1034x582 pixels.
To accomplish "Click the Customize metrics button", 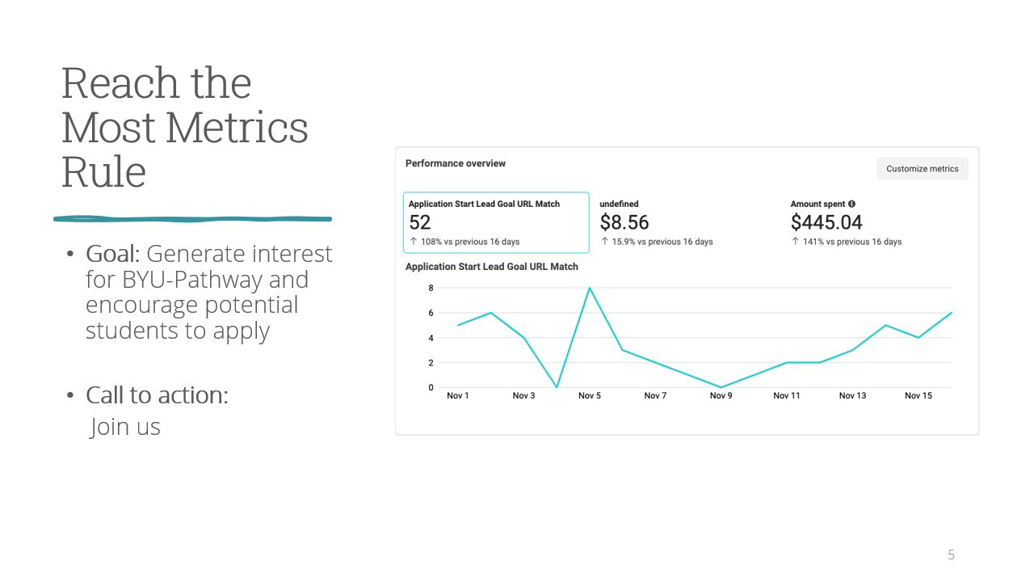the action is click(x=923, y=169).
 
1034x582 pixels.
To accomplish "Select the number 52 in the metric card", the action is click(x=419, y=222).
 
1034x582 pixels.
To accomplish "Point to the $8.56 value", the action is click(x=624, y=222).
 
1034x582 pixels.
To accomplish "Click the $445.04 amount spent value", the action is click(x=826, y=222).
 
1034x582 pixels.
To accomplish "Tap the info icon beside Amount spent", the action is click(x=851, y=204).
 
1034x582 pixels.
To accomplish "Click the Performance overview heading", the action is click(x=455, y=163).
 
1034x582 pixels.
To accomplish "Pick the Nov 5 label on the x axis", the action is click(x=590, y=395).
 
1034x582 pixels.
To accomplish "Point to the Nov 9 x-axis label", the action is click(x=721, y=395).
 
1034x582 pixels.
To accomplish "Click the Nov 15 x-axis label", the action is click(x=918, y=395).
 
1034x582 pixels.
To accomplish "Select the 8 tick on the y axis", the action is click(x=431, y=288).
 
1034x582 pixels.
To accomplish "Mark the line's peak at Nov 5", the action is click(x=590, y=288).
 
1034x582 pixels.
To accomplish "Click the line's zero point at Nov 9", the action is click(x=721, y=387).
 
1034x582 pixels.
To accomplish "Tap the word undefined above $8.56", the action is click(x=619, y=204).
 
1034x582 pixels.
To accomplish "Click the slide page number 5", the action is click(x=951, y=555).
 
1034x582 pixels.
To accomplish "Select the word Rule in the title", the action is click(x=104, y=171).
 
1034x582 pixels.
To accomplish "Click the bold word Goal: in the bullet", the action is click(x=112, y=254).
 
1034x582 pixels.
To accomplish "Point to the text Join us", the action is click(x=124, y=427).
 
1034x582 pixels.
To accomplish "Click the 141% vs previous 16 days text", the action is click(x=851, y=242).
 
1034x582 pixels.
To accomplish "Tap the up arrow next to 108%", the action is click(x=414, y=241).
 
